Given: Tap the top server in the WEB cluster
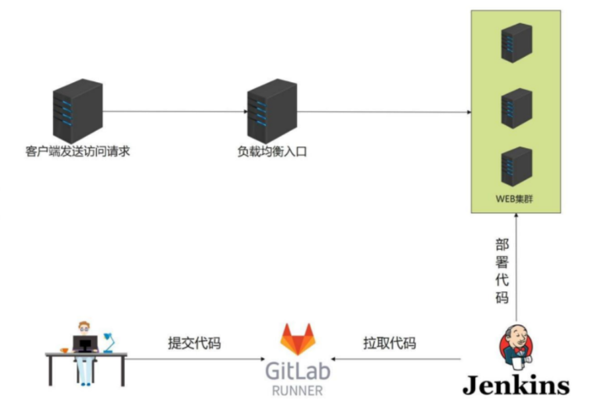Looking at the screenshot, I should click(x=516, y=43).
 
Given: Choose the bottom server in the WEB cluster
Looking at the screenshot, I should click(x=516, y=165).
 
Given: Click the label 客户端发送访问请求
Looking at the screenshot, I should click(x=77, y=152).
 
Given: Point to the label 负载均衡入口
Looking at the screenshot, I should click(x=273, y=152).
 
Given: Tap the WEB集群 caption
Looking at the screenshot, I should click(x=515, y=197).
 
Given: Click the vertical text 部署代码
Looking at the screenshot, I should click(x=502, y=271).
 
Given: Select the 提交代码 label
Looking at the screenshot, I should click(x=194, y=343).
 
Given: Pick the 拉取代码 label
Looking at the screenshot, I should click(x=390, y=343).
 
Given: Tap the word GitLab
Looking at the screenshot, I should click(x=298, y=371).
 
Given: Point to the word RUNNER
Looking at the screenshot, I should click(x=298, y=390).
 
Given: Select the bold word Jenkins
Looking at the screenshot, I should click(x=516, y=385).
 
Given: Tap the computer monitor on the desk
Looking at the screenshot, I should click(x=85, y=343).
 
